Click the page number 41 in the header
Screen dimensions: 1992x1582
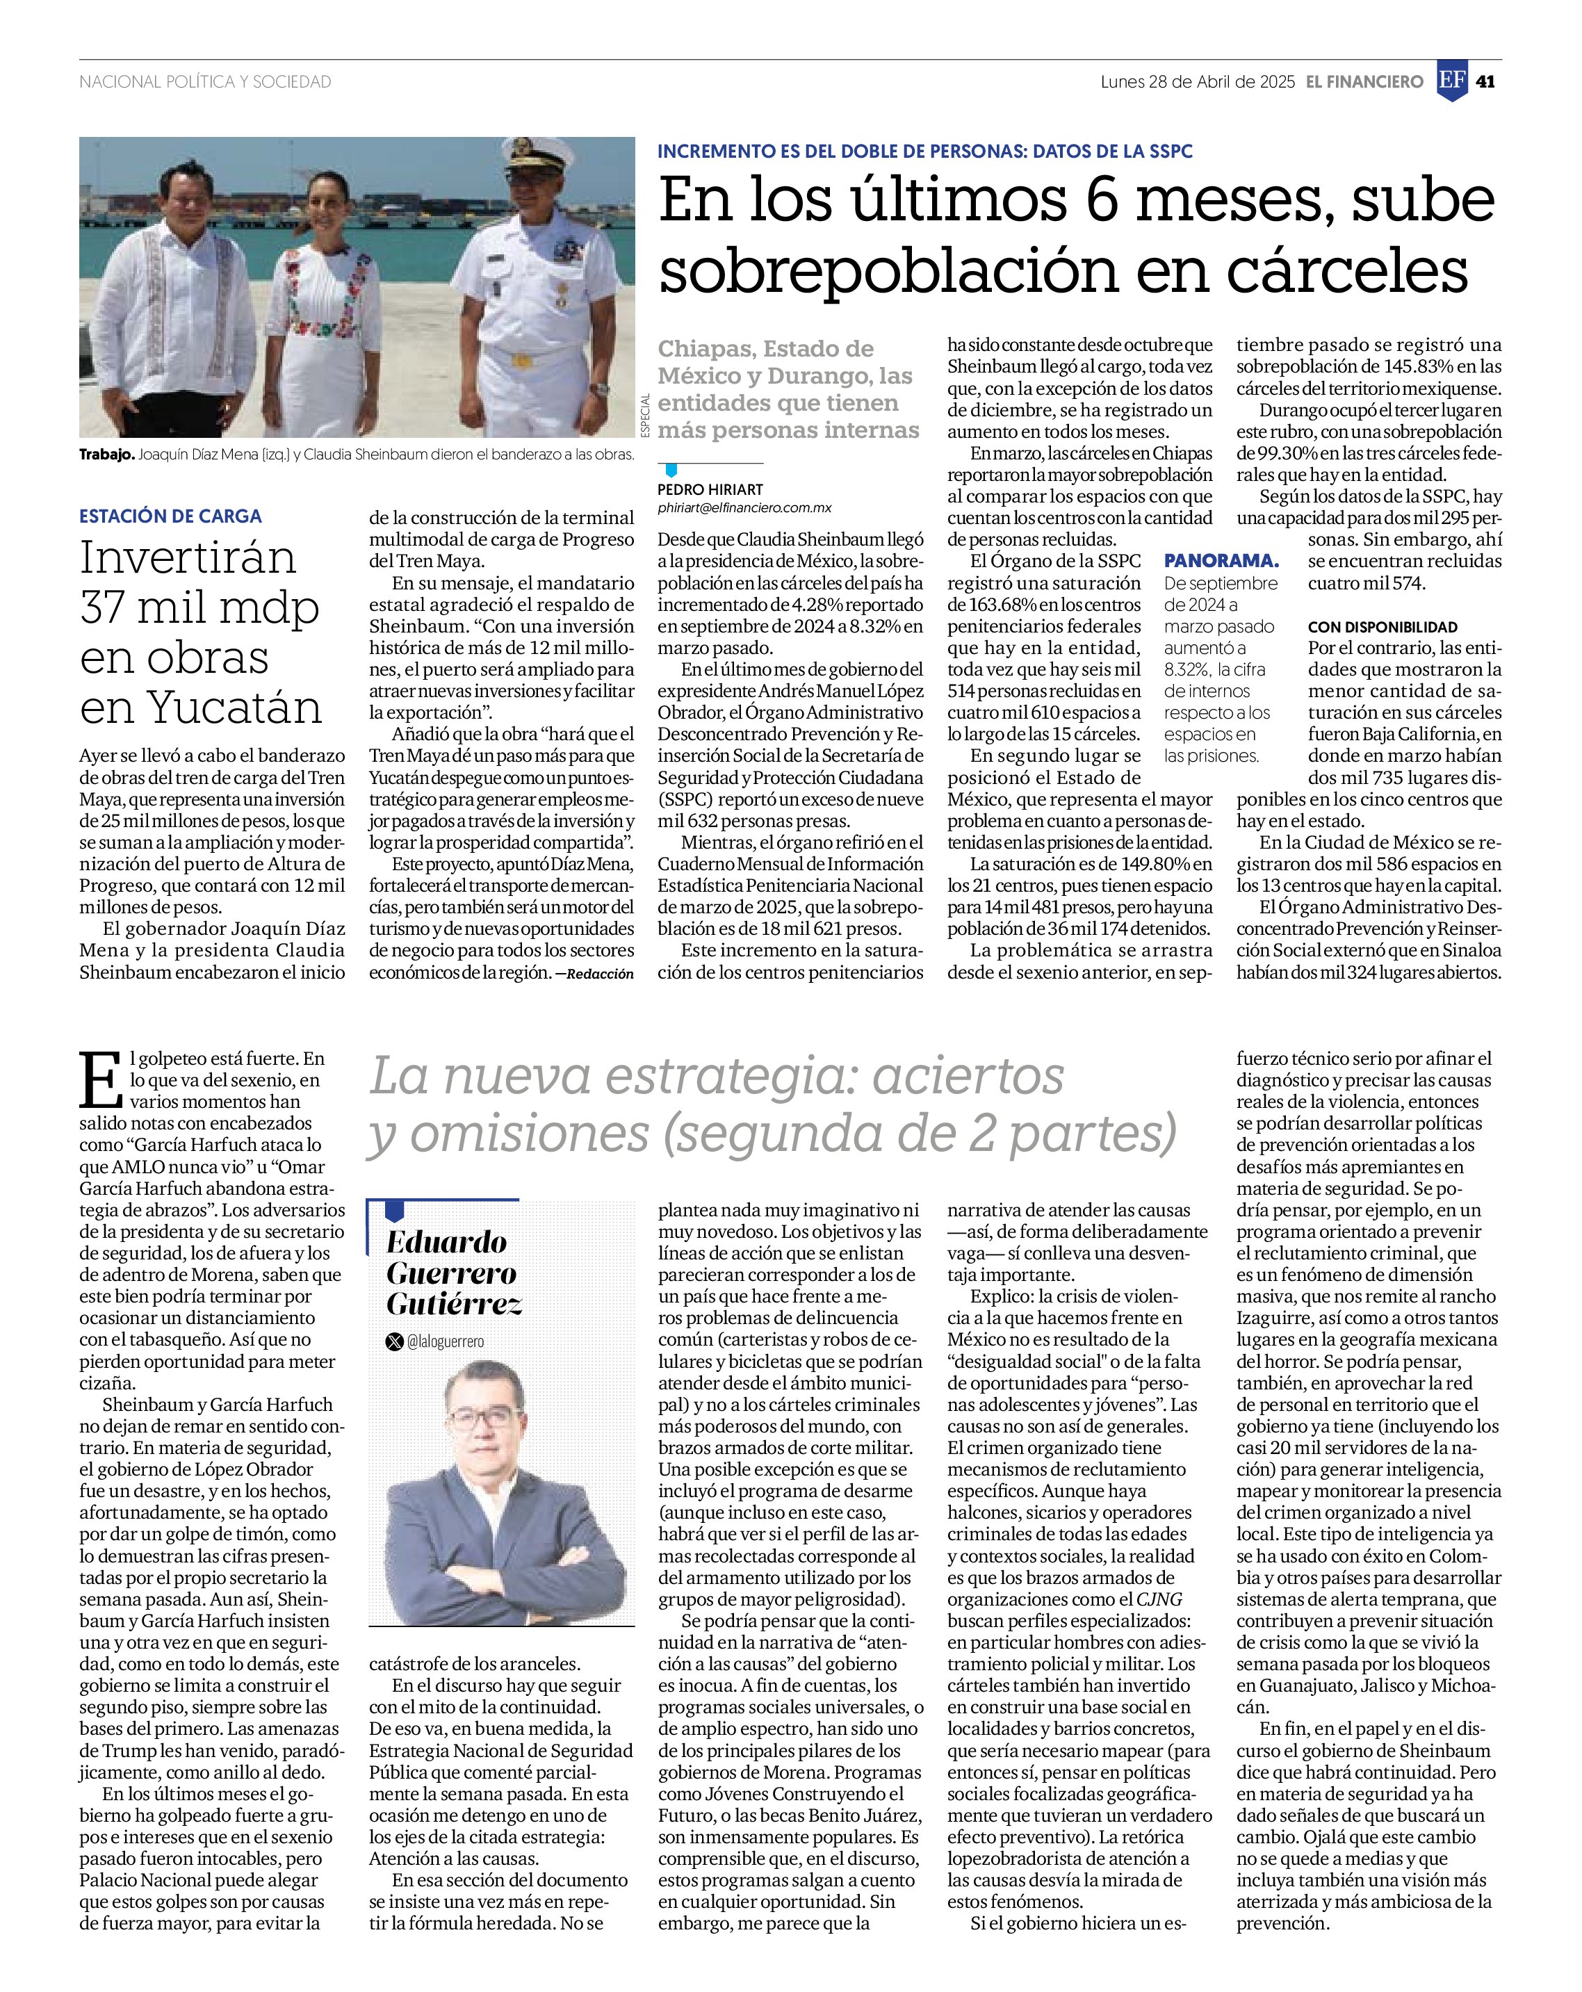[1485, 81]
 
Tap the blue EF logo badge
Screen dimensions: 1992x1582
[1452, 81]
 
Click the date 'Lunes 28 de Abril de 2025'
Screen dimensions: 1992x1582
[1197, 81]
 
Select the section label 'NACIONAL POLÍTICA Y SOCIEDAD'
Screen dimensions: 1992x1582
[205, 82]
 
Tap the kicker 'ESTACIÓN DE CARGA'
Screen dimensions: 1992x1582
[170, 516]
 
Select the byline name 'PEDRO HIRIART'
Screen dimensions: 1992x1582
[710, 489]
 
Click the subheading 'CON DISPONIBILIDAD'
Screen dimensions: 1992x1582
[1383, 626]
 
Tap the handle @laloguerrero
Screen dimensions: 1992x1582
[444, 1341]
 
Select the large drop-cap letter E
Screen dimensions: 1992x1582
[101, 1080]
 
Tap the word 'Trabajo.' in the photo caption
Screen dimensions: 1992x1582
[106, 454]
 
